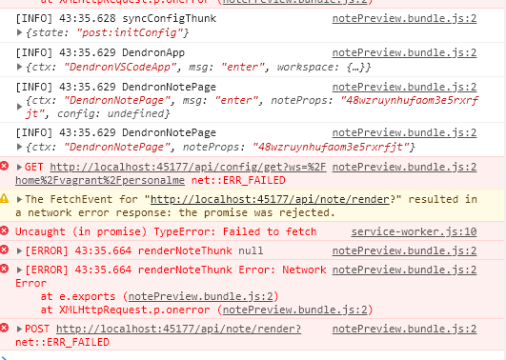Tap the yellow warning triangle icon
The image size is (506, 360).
pos(5,199)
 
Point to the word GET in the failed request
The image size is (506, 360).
pos(34,166)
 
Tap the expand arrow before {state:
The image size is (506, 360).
pos(21,34)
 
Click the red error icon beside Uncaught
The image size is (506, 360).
pos(5,231)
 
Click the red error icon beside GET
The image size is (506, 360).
pos(5,166)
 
